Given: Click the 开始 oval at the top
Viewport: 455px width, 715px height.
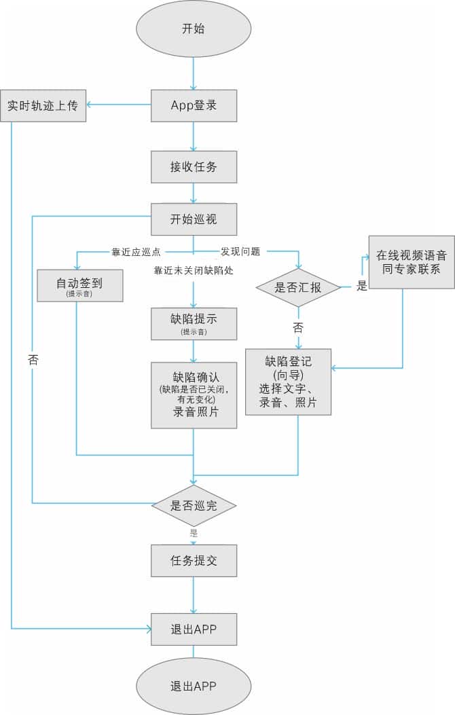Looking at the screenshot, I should pos(194,29).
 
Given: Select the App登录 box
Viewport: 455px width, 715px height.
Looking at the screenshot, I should pos(194,105).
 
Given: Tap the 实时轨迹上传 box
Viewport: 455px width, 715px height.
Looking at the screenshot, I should pos(43,106).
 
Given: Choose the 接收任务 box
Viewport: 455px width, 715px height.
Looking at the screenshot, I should pos(194,166).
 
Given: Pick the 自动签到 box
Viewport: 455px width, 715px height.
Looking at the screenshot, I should pos(79,285).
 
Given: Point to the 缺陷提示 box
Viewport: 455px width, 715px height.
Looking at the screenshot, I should pos(194,323).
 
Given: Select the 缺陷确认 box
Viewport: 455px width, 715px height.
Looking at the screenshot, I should pos(194,395).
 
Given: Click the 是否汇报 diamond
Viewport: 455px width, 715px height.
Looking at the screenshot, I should pos(298,287).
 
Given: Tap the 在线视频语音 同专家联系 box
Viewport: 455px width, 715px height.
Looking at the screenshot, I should pos(412,262).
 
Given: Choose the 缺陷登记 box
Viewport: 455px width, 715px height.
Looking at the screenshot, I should pos(288,382).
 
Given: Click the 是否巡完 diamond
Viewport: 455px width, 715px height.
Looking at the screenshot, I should pos(194,505).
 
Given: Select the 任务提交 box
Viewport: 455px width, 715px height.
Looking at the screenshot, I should pos(194,561).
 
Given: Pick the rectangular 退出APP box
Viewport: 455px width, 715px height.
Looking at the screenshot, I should pos(194,629).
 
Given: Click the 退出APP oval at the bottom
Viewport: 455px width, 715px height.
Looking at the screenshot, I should pos(194,686).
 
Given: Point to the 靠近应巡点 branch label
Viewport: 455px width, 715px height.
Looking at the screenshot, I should pos(136,252).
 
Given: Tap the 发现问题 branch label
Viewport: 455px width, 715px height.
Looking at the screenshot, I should pos(240,251).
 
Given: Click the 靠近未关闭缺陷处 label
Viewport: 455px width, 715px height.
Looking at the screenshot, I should pos(194,270).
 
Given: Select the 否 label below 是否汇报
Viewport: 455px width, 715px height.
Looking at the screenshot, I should pos(298,327).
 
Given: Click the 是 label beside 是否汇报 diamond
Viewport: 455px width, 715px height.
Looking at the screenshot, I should pos(361,286).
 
